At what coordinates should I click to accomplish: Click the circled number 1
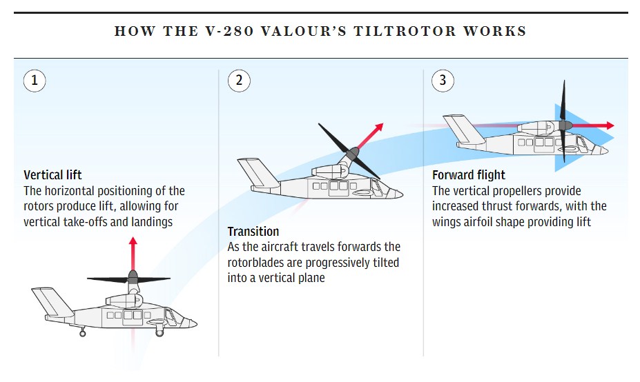coord(35,81)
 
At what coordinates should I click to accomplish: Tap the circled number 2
coord(239,81)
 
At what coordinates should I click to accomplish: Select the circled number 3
coord(443,81)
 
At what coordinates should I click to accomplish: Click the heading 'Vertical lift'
coord(53,175)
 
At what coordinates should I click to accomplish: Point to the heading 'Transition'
coord(253,231)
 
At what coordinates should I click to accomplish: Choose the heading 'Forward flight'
coord(469,175)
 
